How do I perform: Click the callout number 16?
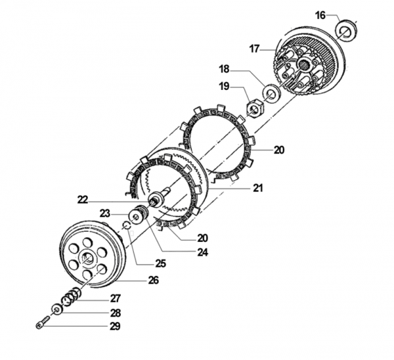point(320,15)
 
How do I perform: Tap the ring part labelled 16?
point(347,29)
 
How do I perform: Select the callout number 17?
point(255,47)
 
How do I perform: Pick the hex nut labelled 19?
point(253,105)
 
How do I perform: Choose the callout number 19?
point(224,86)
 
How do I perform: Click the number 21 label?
point(258,188)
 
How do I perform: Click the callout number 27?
point(115,298)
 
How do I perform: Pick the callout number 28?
point(115,313)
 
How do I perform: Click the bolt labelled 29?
point(41,323)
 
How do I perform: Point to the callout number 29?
point(115,326)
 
